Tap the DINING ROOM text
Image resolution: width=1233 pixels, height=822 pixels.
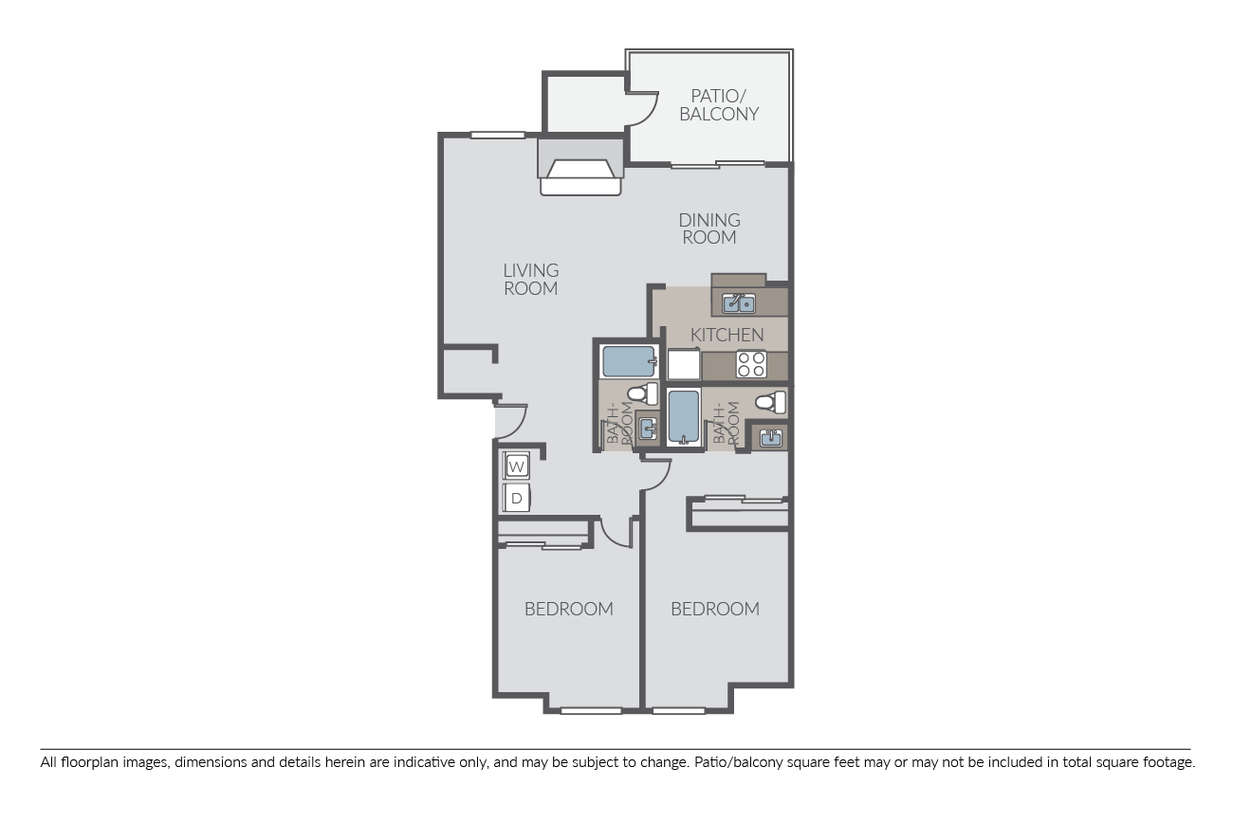coord(709,228)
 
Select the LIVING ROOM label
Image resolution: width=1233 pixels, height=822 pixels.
coord(530,279)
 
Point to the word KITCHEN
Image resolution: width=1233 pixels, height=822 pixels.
coord(727,335)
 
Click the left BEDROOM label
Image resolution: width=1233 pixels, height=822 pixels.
coord(568,609)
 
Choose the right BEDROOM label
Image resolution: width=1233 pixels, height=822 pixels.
coord(714,609)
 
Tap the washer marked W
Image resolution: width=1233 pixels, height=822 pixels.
coord(516,466)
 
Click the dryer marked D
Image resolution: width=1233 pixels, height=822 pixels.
coord(516,498)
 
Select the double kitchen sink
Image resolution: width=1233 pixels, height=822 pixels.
coord(739,303)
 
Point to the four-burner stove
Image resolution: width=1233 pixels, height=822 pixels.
coord(751,364)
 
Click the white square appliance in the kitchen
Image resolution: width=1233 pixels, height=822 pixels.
coord(684,365)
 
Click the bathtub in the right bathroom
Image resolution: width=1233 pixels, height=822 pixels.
coord(683,416)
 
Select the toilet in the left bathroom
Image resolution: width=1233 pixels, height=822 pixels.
coord(644,393)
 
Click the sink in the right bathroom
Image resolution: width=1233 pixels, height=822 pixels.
coord(769,438)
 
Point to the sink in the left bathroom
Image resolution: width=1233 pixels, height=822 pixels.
coord(648,429)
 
